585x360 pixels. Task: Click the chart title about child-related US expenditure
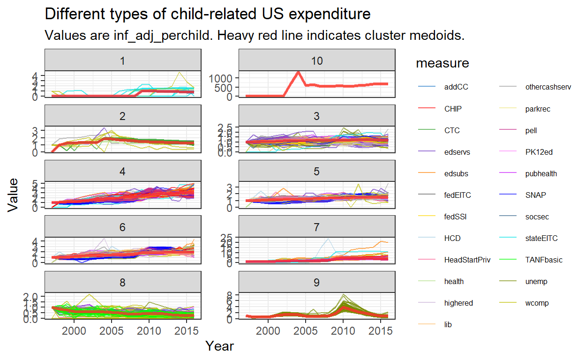click(207, 15)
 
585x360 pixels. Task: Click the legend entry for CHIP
click(453, 109)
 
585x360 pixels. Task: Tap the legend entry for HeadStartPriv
click(467, 260)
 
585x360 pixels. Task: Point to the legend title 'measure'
click(442, 63)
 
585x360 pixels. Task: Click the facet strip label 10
click(316, 61)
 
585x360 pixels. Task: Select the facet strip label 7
click(316, 227)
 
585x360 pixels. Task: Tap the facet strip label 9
click(316, 282)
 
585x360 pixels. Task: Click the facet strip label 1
click(123, 61)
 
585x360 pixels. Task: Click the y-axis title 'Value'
click(14, 194)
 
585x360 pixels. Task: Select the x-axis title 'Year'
click(219, 346)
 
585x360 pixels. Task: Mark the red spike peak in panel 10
click(298, 72)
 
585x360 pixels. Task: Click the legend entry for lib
click(448, 324)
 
